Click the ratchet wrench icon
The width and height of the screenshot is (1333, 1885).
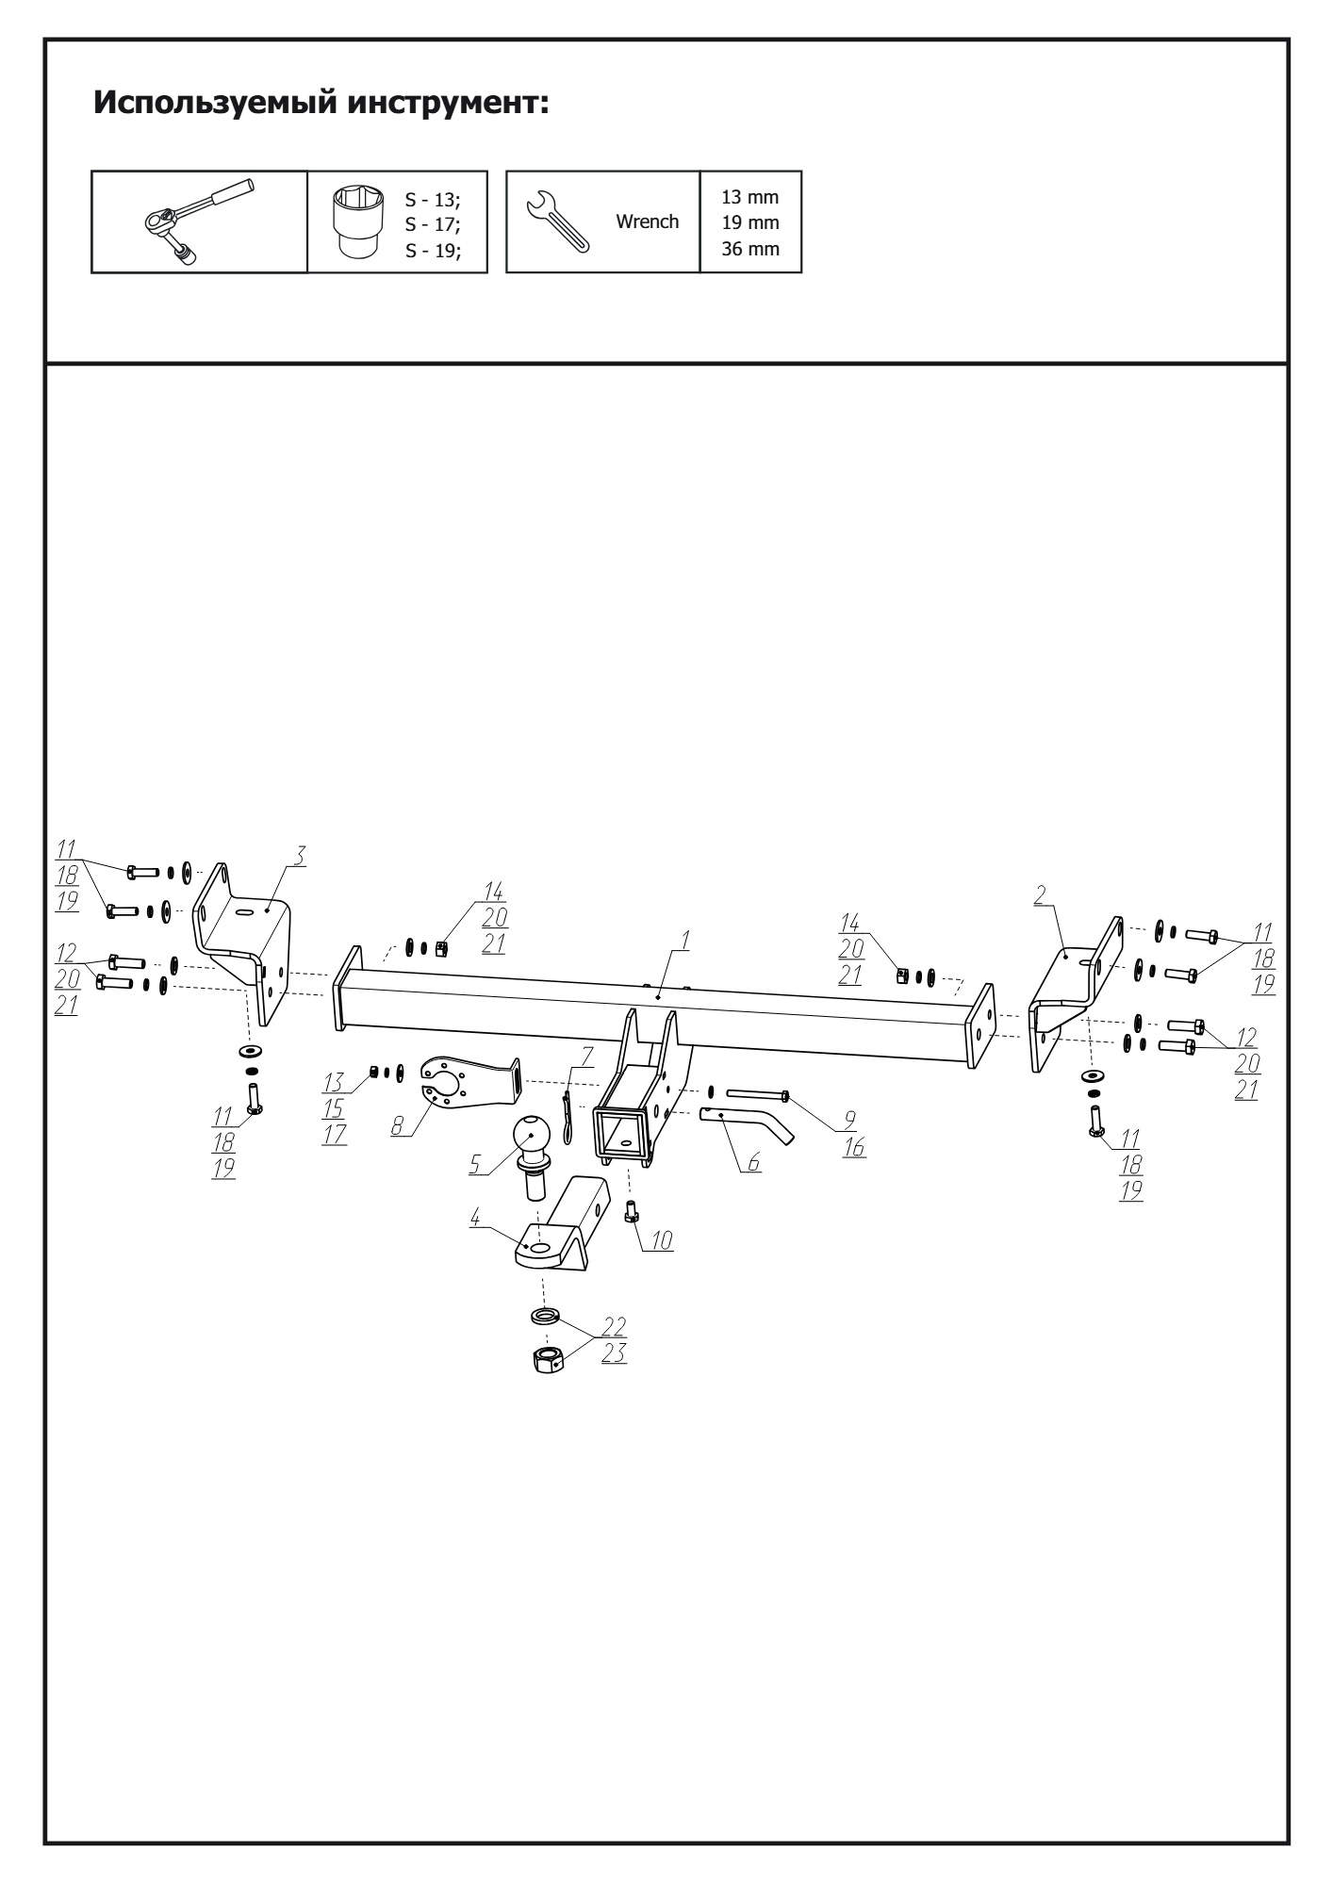click(200, 221)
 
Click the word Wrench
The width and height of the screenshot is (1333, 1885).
click(647, 222)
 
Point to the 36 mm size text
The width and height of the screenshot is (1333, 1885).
click(749, 250)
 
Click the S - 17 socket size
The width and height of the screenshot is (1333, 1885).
click(433, 224)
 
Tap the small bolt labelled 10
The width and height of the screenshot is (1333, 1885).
click(632, 1211)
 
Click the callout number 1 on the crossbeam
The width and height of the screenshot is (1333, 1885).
click(687, 940)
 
